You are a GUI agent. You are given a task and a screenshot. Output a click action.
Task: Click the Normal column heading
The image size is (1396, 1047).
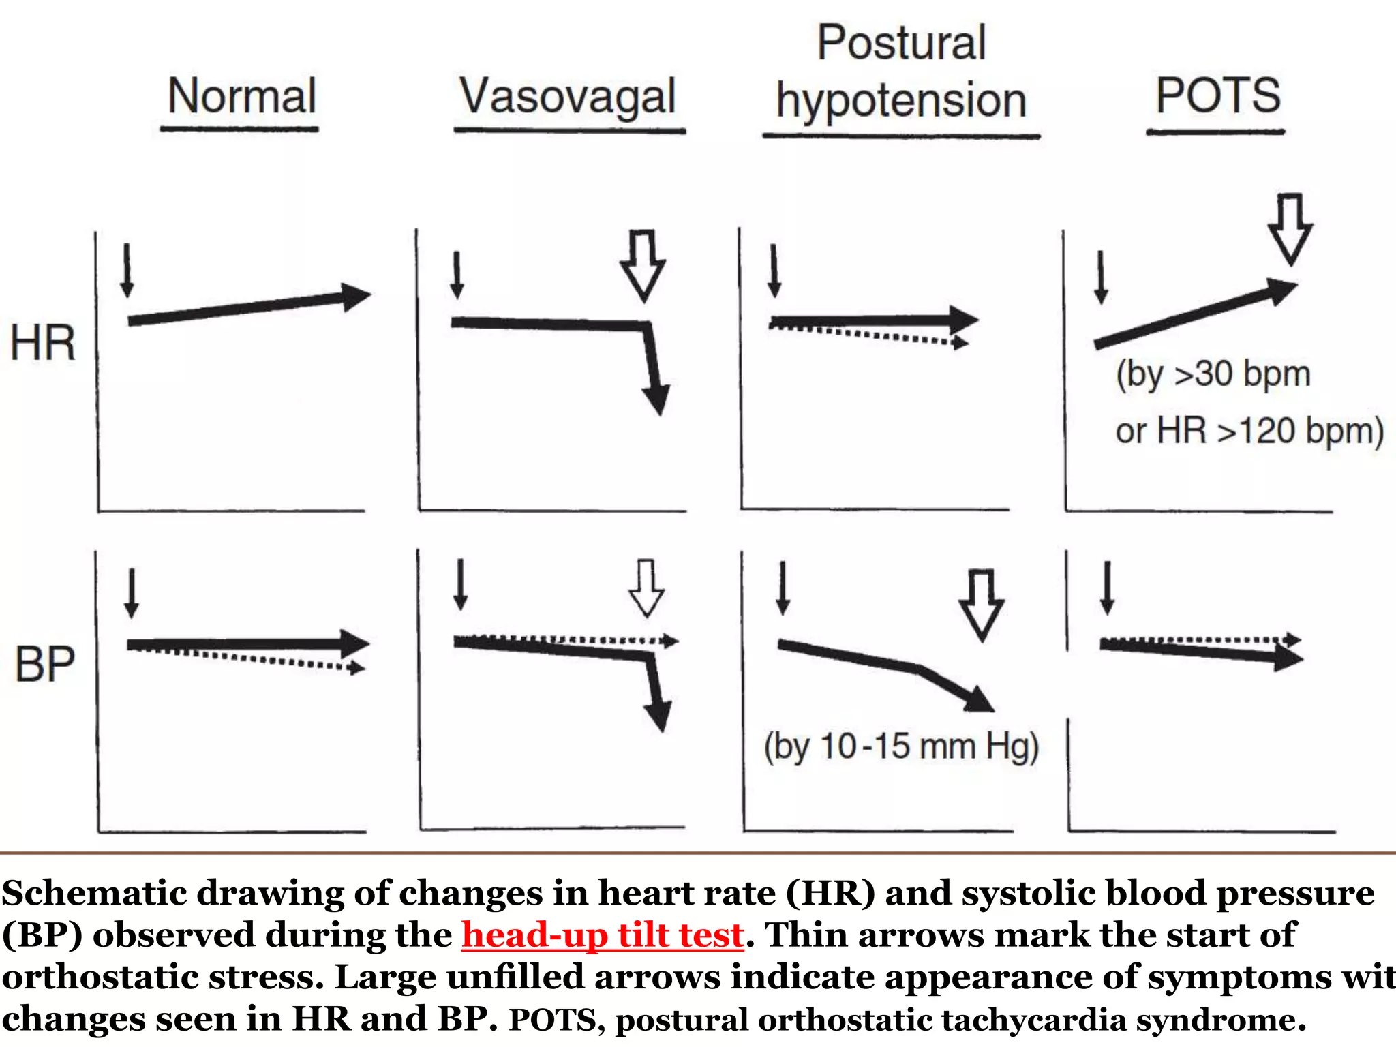(241, 96)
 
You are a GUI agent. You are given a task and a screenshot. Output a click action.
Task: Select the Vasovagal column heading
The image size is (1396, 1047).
(568, 97)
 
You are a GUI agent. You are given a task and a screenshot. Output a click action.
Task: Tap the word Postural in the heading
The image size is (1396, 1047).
(901, 43)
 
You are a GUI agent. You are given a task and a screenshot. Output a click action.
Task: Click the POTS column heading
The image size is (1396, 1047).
(1218, 95)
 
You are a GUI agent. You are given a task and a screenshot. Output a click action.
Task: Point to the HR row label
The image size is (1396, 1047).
(42, 343)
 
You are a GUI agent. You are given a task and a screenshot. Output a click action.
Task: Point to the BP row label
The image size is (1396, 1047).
(44, 665)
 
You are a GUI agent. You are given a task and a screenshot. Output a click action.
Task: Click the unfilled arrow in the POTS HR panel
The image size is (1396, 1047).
(1290, 229)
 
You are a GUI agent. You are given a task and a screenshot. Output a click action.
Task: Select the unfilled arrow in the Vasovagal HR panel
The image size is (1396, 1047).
(643, 266)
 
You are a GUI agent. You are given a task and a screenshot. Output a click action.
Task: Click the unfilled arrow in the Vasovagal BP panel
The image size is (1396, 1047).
(646, 588)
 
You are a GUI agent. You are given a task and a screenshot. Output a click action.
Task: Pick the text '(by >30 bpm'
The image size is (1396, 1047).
(1213, 374)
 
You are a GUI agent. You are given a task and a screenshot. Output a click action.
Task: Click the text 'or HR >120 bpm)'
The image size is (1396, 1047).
(1249, 431)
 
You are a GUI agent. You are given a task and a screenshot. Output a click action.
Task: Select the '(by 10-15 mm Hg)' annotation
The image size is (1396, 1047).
(901, 746)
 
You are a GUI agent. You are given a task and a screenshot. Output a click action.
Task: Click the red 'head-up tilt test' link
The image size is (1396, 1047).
(603, 935)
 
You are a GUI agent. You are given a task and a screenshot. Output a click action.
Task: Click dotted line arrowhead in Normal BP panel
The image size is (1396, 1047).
(356, 668)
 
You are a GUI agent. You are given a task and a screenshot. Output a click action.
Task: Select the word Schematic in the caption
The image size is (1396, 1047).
(93, 893)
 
